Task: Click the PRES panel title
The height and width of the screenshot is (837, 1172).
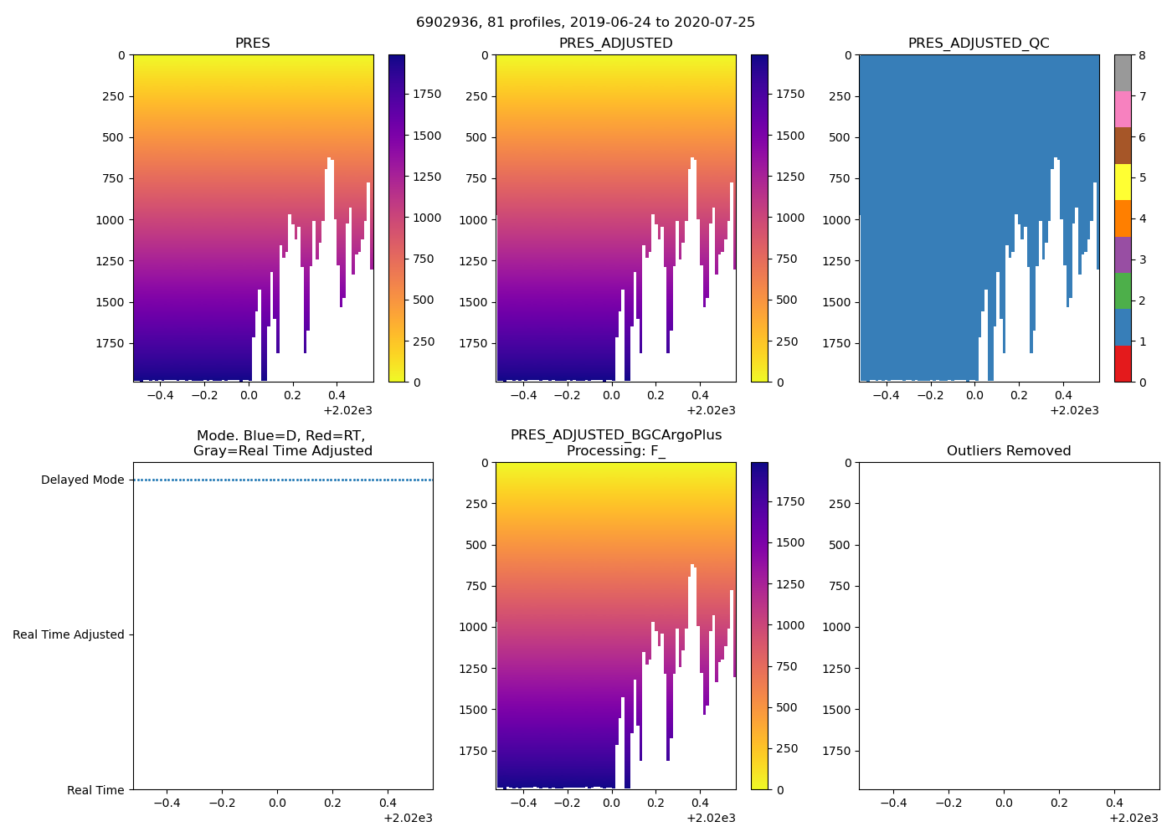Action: click(x=252, y=44)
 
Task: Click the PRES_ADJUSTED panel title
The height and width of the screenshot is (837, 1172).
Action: click(x=615, y=44)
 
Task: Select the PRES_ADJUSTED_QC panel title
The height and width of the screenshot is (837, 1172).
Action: click(x=979, y=44)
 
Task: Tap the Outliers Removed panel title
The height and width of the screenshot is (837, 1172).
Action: click(x=1009, y=451)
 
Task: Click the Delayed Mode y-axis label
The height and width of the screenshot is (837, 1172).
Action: click(x=82, y=480)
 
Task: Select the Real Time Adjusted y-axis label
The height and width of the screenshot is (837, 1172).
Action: click(x=69, y=635)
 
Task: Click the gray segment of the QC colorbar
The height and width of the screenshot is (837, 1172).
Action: click(x=1123, y=73)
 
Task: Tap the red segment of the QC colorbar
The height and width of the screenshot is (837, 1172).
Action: click(x=1123, y=364)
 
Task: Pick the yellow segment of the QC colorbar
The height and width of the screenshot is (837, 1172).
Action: click(x=1123, y=182)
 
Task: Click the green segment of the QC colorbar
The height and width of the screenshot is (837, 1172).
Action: click(x=1123, y=291)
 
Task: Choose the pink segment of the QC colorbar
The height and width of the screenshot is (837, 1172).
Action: click(x=1123, y=110)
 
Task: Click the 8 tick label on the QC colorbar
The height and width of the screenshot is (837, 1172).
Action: click(x=1143, y=56)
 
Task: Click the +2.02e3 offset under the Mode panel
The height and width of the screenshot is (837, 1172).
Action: click(x=408, y=818)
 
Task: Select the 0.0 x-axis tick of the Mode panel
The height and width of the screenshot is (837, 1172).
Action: click(x=277, y=804)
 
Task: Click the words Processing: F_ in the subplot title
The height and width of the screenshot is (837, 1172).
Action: click(x=615, y=451)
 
